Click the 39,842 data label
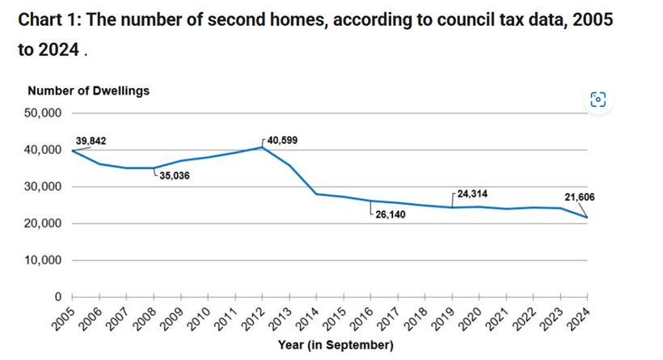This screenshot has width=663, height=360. [x=91, y=142]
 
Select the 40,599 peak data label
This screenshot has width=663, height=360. [x=282, y=141]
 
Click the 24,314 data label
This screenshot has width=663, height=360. [x=472, y=194]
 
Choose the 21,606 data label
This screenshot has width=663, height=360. [x=578, y=197]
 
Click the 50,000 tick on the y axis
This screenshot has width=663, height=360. [x=44, y=113]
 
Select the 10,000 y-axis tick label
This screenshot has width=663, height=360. [x=44, y=260]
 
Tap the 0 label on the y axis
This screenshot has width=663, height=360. [x=58, y=297]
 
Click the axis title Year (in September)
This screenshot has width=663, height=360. [x=335, y=345]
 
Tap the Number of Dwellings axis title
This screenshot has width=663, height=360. [x=88, y=91]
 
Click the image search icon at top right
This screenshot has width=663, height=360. [x=598, y=100]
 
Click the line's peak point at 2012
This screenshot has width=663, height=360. [x=263, y=147]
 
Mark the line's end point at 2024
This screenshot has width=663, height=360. [x=588, y=218]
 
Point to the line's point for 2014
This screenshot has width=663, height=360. [x=317, y=194]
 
